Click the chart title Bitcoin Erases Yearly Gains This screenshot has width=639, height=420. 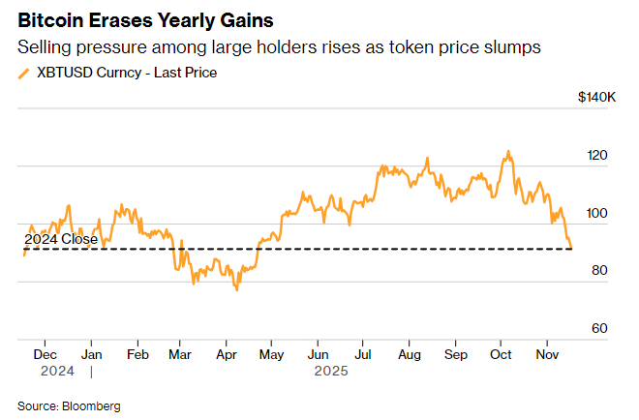[x=145, y=20]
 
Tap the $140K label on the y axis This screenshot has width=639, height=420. [x=596, y=98]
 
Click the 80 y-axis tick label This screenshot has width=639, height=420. [x=600, y=270]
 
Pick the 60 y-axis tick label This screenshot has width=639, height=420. [x=600, y=328]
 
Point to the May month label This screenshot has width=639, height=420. [x=273, y=355]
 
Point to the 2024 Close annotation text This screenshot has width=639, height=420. [x=60, y=239]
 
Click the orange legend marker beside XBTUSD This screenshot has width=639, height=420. [x=24, y=73]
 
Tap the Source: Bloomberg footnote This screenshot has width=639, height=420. [x=69, y=406]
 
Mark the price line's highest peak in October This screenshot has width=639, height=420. [x=507, y=152]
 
